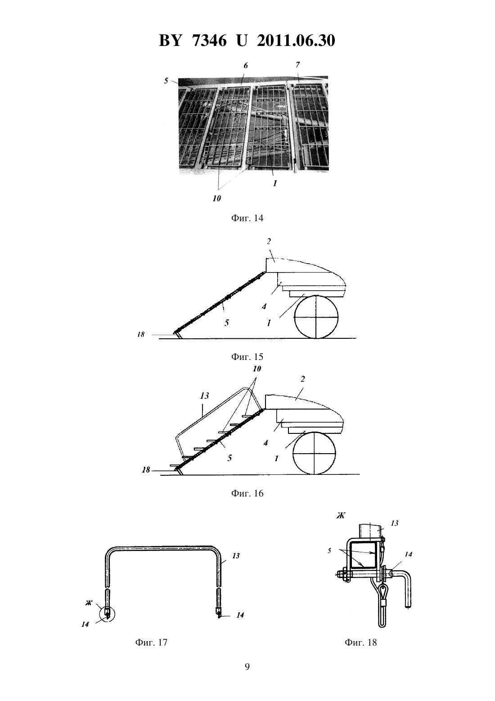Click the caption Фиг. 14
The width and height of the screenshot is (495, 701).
pyautogui.click(x=247, y=218)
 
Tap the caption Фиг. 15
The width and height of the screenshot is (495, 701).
pyautogui.click(x=247, y=356)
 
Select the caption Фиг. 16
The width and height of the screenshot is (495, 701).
pyautogui.click(x=247, y=493)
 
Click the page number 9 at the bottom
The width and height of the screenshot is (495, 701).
pyautogui.click(x=247, y=667)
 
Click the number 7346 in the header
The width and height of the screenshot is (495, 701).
pyautogui.click(x=210, y=41)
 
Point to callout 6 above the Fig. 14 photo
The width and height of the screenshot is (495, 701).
pyautogui.click(x=246, y=66)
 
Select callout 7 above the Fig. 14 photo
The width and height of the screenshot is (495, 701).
pyautogui.click(x=297, y=65)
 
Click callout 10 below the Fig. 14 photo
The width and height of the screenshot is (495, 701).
pyautogui.click(x=217, y=198)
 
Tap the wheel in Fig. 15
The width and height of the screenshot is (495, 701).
pyautogui.click(x=316, y=317)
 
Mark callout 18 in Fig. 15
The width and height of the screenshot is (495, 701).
pyautogui.click(x=141, y=335)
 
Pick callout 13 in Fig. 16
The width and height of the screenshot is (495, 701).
pyautogui.click(x=204, y=396)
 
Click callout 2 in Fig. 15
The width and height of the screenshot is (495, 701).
pyautogui.click(x=269, y=241)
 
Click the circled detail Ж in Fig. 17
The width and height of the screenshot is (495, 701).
pyautogui.click(x=107, y=614)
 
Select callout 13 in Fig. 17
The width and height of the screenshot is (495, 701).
pyautogui.click(x=236, y=556)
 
